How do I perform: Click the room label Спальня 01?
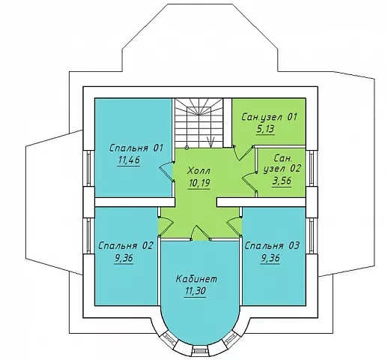point(136,148)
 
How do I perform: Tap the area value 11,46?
point(129,160)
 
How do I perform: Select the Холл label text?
point(198,171)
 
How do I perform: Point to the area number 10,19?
point(199,183)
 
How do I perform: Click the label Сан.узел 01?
point(270,117)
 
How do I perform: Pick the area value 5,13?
point(265,129)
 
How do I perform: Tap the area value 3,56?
point(282,181)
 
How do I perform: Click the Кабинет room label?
point(196,279)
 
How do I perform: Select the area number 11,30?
point(195,291)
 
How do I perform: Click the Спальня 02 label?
point(126,245)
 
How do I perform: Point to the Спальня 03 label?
point(272,245)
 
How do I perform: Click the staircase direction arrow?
point(211,142)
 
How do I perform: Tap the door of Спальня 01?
point(167,172)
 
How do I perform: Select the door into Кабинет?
point(201,233)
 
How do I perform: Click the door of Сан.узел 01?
point(243,152)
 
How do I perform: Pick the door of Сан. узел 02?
point(250,182)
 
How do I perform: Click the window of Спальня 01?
point(88,168)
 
